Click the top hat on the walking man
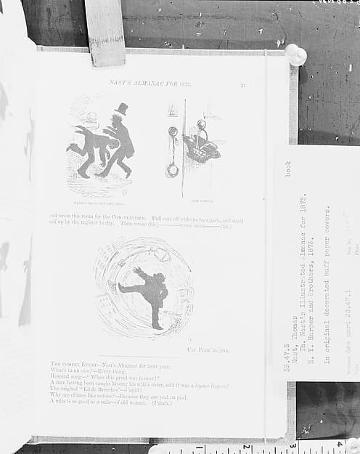(121, 109)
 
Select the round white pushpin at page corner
(295, 54)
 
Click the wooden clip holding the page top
(105, 31)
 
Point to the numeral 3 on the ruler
(292, 445)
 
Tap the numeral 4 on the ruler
(339, 444)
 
